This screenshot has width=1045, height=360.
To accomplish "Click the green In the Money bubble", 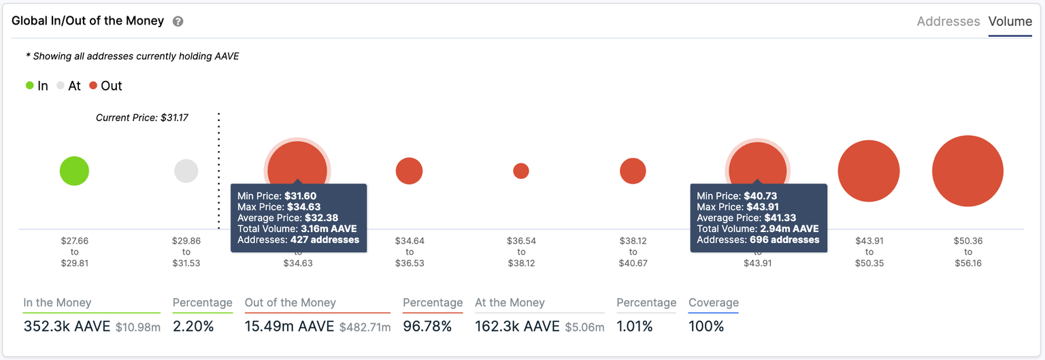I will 74,171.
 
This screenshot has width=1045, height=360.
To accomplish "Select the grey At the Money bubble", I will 186,171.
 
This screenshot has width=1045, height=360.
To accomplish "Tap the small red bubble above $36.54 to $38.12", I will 521,171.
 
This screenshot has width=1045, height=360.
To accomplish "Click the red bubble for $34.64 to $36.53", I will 409,171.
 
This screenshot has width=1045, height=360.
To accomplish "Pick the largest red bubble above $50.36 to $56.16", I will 967,171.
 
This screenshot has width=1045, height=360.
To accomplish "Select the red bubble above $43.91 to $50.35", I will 869,171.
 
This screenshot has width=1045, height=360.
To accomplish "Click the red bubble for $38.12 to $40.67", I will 633,171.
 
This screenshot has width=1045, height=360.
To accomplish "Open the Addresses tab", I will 948,22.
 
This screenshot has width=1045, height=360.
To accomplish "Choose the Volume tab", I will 1010,22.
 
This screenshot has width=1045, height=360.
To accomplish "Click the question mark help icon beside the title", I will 178,22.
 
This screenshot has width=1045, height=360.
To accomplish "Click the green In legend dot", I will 30,86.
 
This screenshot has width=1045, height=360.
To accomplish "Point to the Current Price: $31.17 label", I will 142,118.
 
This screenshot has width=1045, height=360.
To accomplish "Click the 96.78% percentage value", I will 427,327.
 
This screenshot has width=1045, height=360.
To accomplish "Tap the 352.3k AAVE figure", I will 67,327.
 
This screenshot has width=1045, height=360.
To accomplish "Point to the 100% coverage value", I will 706,327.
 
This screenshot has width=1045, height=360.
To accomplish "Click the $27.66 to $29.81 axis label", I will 74,252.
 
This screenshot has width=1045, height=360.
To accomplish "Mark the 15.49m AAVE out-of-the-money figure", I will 289,327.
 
